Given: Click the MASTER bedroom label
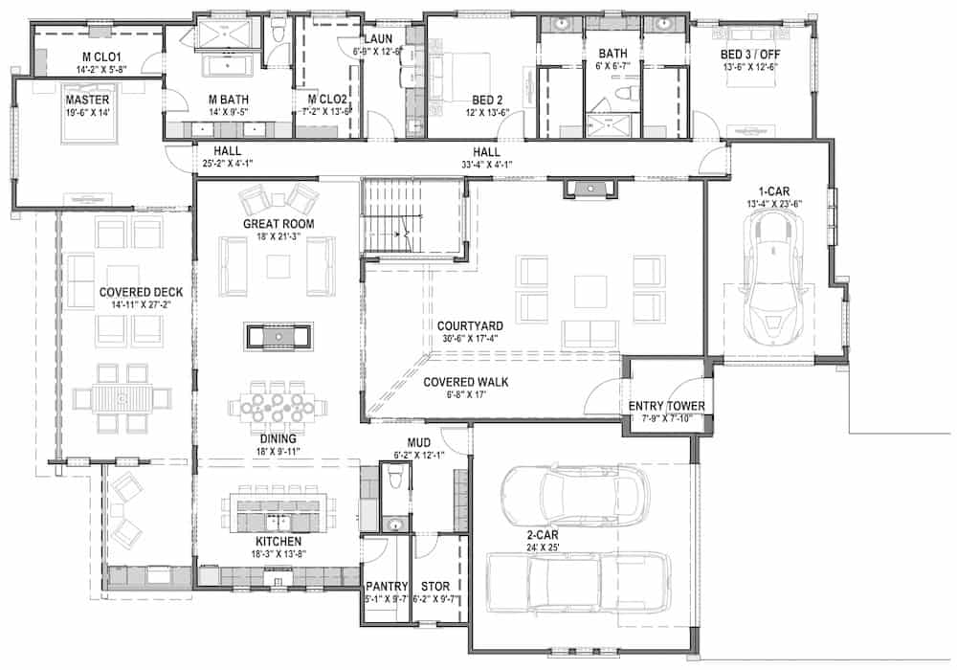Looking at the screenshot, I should pos(86,99).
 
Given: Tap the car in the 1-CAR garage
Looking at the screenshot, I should pos(773,273).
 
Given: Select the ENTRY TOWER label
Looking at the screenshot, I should pos(667,407).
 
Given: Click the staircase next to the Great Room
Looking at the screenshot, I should pos(395,219).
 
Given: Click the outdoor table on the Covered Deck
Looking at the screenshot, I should pos(123,395).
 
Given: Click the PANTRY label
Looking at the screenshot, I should pos(387,586).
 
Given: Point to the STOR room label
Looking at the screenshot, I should pos(435,586).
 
